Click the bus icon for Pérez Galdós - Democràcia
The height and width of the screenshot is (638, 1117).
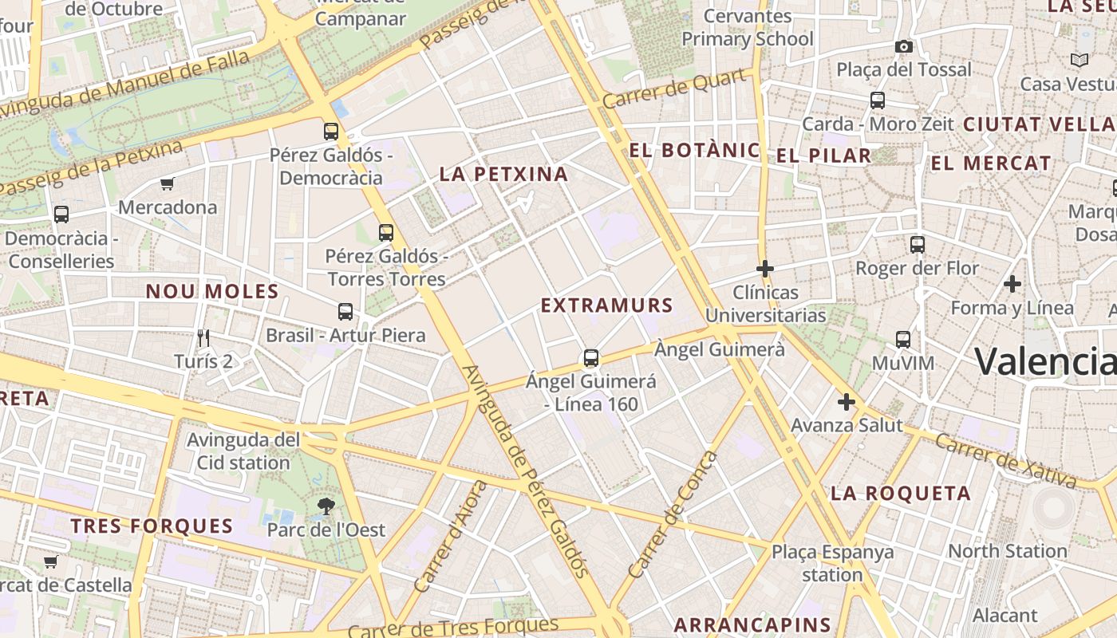point(330,131)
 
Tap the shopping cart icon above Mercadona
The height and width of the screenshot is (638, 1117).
point(167,184)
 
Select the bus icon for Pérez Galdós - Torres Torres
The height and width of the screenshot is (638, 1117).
point(386,232)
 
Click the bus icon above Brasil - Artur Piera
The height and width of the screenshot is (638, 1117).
point(345,311)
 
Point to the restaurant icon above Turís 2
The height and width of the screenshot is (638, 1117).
point(203,338)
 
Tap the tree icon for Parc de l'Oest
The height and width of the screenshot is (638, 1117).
point(326,506)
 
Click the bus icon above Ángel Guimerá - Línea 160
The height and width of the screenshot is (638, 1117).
point(591,357)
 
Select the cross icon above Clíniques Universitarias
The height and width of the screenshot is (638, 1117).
point(765,269)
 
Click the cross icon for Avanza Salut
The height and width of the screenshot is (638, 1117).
point(847,402)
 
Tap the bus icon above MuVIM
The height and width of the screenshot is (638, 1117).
point(903,340)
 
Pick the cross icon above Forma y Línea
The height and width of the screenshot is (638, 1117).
point(1012,284)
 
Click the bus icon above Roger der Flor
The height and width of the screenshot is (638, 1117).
point(918,245)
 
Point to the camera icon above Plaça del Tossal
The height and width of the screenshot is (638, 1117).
point(904,46)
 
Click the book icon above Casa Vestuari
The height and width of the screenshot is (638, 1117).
point(1080,60)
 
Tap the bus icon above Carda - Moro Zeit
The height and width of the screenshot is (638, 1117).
point(878,100)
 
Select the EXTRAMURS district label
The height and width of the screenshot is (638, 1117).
point(607,305)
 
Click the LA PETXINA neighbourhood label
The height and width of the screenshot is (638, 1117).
point(503,174)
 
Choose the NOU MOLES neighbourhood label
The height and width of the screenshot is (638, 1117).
point(212,291)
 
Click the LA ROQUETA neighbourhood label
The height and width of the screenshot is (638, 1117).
point(901,493)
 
